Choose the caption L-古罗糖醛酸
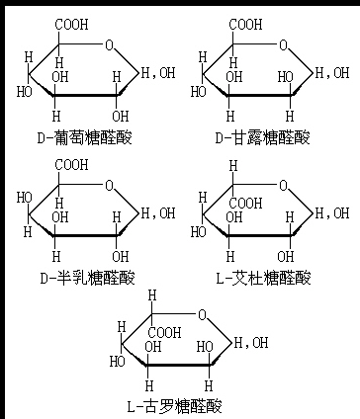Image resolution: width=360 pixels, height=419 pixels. (x=175, y=405)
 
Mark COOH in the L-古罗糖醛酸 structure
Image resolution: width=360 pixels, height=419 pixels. (x=165, y=333)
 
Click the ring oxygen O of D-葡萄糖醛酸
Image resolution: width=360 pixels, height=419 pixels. (x=109, y=43)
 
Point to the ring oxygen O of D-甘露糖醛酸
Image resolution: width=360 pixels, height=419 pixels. (x=282, y=43)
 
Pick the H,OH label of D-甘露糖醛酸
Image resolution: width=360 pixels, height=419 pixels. (x=331, y=71)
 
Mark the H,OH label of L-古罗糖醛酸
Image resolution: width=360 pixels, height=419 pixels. (x=251, y=343)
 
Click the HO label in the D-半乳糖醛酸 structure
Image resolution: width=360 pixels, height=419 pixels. (x=23, y=197)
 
